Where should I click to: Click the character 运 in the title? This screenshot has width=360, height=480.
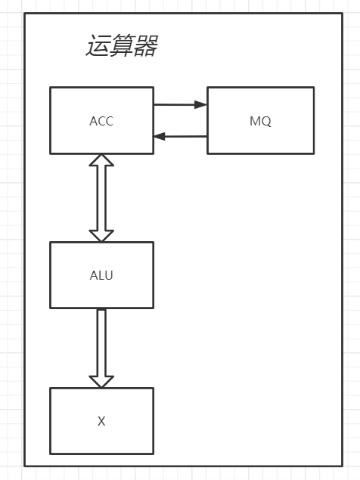98,47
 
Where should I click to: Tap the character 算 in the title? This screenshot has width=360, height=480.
121,47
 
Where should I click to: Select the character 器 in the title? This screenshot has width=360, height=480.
145,47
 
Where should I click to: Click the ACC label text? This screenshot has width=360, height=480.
101,121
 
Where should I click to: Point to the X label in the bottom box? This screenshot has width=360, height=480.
101,421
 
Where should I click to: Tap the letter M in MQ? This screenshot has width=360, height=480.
255,121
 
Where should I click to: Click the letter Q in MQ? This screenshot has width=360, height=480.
265,121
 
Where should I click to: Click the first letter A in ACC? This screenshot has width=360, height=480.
93,121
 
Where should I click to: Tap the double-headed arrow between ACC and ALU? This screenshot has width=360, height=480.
101,198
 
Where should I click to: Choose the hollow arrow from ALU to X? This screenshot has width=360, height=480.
101,344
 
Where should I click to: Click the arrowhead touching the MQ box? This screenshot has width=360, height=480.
201,105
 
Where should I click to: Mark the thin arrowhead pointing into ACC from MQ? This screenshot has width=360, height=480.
160,137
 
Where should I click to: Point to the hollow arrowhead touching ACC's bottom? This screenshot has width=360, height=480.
101,161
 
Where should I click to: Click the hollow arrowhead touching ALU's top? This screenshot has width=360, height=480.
101,234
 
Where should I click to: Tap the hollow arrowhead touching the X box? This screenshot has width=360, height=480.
101,380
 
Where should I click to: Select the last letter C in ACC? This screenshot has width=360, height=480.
110,121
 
